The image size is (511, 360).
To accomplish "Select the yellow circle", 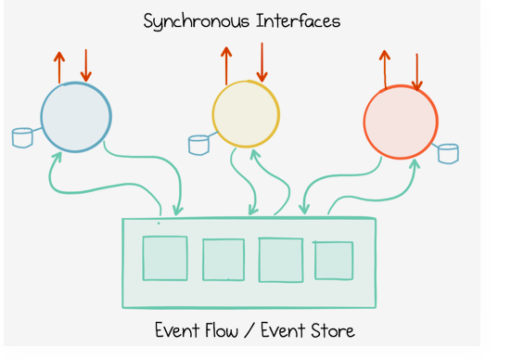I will click(246, 116).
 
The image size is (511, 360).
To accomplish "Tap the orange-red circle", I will click(401, 122).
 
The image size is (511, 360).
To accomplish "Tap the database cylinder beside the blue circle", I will click(22, 138).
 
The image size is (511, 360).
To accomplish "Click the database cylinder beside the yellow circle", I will click(198, 144).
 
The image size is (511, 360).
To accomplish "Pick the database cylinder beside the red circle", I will click(448, 152).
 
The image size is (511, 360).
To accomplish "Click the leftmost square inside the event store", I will click(165, 258).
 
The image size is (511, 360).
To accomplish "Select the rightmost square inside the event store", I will click(334, 260).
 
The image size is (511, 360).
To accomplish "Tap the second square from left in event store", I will click(224, 260).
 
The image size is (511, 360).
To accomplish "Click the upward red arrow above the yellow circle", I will click(226, 65).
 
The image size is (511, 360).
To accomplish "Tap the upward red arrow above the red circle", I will click(385, 69).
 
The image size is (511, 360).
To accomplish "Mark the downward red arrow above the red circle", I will click(416, 71).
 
